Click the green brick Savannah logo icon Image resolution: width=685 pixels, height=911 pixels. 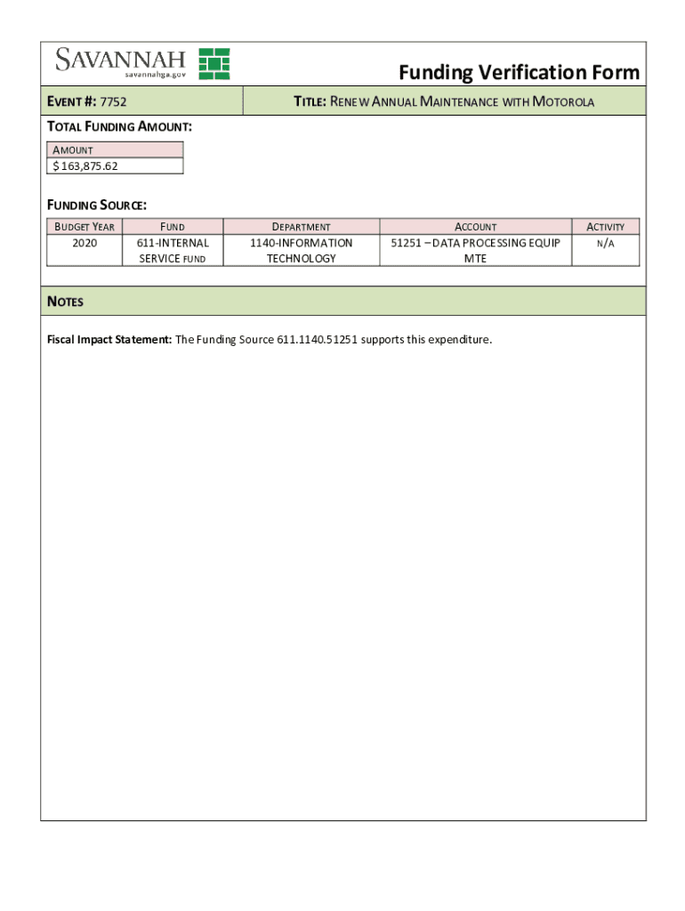[214, 63]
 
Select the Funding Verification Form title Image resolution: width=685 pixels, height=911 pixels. [519, 72]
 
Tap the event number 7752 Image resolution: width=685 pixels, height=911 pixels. [114, 102]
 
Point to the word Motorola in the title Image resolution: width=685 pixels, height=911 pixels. [563, 102]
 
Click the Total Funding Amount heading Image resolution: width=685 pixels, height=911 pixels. [119, 127]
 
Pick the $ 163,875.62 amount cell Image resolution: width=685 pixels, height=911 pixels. [115, 165]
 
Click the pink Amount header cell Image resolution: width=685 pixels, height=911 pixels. [115, 149]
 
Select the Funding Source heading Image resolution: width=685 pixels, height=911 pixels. [96, 206]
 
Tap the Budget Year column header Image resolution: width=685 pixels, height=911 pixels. [85, 227]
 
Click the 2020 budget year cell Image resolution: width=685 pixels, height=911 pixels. [85, 243]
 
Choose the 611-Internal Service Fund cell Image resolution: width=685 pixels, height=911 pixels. [173, 250]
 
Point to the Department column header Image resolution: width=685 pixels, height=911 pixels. [302, 227]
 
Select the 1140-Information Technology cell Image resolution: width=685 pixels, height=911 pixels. [302, 250]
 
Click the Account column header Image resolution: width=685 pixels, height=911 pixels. [476, 227]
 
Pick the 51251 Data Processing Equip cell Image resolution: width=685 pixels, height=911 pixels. [476, 250]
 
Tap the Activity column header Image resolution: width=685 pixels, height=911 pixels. [606, 227]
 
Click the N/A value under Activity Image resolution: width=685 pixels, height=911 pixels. [606, 243]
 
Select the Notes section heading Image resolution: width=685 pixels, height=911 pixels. [65, 302]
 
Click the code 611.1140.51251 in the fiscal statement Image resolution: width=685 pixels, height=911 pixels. [317, 340]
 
